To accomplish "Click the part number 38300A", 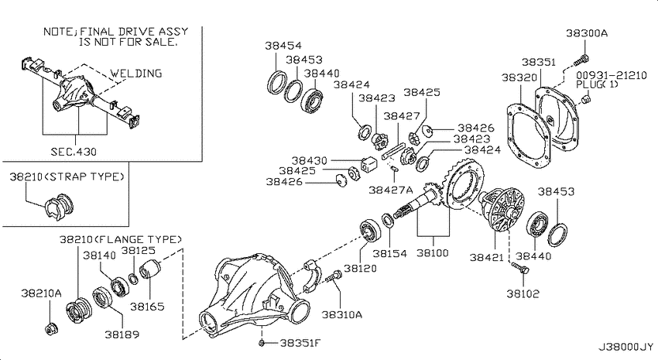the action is pos(587,33).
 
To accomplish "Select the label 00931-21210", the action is pos(612,75).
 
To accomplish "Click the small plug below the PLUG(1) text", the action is pos(587,98).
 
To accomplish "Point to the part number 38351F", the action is pos(300,343).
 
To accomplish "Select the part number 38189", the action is pos(122,334).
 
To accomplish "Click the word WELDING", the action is pos(136,74).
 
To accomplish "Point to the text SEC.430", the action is pos(74,152).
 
